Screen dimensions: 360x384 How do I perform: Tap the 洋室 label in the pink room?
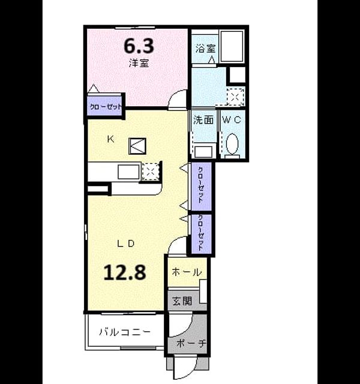coord(139,63)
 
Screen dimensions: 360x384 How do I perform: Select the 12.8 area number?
coord(125,272)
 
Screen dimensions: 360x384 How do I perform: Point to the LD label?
coord(125,244)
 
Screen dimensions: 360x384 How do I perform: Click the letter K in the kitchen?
coord(110,139)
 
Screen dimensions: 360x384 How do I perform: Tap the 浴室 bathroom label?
coord(205,48)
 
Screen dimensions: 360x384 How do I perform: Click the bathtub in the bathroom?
coord(232,46)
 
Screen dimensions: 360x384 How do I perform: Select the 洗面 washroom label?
coord(203,120)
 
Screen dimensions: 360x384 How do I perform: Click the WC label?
coord(232,120)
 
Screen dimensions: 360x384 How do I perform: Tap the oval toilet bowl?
coord(232,144)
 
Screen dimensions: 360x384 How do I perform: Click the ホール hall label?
coord(187,272)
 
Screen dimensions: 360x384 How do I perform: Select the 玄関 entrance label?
coord(182,301)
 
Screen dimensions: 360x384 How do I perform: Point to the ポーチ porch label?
coord(191,343)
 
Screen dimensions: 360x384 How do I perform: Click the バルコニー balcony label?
coord(125,332)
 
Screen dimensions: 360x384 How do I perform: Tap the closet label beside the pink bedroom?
coord(106,107)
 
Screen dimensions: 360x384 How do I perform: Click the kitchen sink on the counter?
coord(128,172)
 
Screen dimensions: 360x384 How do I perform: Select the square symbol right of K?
coord(137,146)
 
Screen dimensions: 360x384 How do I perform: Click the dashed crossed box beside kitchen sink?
coord(151,171)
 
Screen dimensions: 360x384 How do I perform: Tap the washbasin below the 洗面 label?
coord(203,152)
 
